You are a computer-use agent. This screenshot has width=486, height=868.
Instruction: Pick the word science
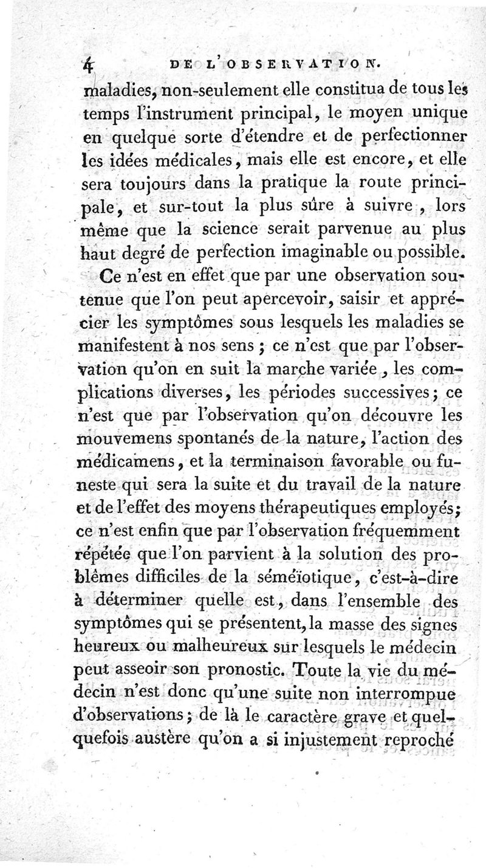[x=241, y=230]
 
